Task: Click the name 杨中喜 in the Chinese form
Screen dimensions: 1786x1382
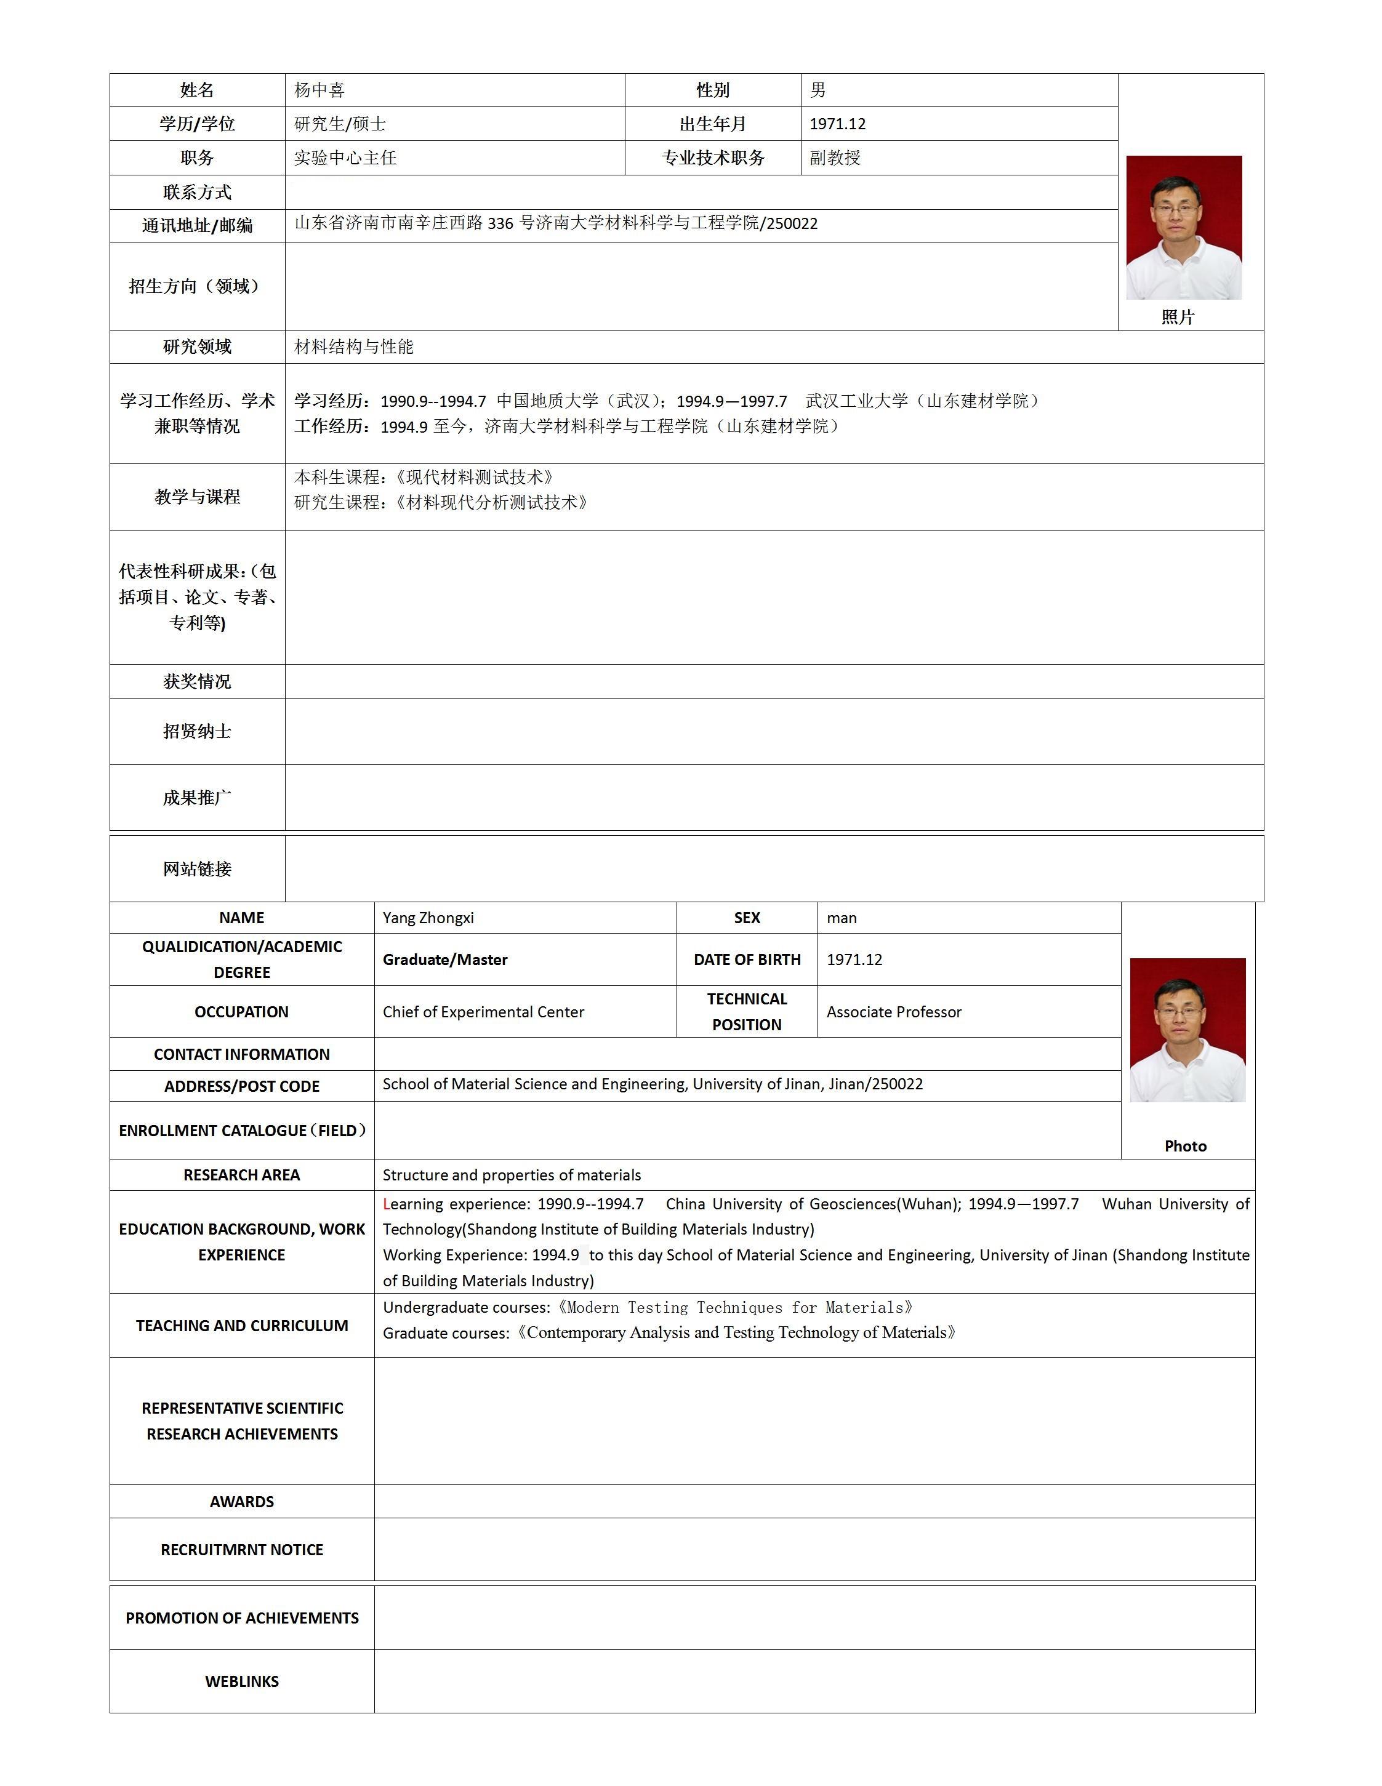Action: click(319, 90)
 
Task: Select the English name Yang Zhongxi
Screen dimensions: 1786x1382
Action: click(428, 918)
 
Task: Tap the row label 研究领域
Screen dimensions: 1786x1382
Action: click(197, 346)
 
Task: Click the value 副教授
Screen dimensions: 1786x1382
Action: click(835, 158)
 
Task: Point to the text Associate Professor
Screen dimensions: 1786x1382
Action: click(894, 1012)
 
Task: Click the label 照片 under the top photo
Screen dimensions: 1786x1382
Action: click(1178, 318)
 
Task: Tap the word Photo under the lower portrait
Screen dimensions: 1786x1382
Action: click(1185, 1146)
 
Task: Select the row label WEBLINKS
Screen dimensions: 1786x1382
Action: click(242, 1681)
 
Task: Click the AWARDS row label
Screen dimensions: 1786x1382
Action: click(242, 1502)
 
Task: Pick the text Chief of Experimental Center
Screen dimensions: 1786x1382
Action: click(483, 1012)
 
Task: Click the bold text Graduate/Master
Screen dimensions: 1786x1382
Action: click(445, 959)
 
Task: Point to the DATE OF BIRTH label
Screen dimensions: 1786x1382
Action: click(747, 959)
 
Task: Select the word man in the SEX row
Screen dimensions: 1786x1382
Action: click(842, 918)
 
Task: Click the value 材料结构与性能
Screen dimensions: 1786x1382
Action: click(354, 346)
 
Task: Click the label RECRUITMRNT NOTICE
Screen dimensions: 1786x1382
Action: click(242, 1550)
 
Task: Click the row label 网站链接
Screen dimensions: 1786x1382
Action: click(197, 868)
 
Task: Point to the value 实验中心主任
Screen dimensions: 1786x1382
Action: click(345, 158)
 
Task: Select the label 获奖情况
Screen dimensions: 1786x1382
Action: click(197, 681)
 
